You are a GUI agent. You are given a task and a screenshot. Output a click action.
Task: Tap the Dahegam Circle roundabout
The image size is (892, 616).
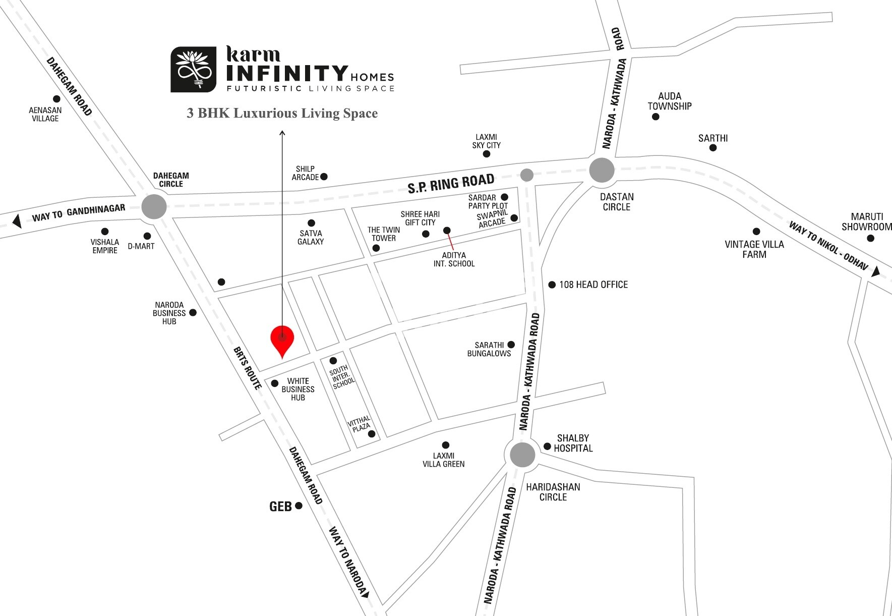pos(154,207)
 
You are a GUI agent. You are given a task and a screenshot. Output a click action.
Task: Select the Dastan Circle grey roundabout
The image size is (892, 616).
pos(602,170)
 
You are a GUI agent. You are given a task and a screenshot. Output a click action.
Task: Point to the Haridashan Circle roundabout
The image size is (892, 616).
pos(522,455)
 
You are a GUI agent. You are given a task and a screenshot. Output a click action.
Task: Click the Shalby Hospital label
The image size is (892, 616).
pos(573,443)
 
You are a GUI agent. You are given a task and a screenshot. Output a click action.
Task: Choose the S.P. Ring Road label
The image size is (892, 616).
pos(451,183)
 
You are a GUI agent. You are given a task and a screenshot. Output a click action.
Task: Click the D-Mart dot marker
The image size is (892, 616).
pos(147,236)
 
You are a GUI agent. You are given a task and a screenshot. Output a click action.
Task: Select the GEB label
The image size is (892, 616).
pos(280,506)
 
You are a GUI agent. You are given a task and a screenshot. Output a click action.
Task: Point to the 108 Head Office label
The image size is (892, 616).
pos(593,285)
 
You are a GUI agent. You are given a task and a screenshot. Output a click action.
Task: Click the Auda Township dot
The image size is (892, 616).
pos(656,117)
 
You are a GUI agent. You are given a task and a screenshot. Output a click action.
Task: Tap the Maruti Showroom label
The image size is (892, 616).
pos(866,221)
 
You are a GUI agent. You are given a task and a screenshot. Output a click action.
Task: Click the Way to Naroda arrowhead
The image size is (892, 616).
pos(365,594)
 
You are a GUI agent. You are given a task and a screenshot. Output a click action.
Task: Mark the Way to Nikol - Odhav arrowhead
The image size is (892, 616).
pos(876,271)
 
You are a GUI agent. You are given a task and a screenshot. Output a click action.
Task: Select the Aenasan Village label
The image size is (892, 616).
pos(45,114)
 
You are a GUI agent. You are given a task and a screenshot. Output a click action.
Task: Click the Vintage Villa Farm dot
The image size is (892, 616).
pos(756,232)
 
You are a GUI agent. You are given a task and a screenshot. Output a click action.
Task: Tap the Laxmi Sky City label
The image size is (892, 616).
pos(486,141)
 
